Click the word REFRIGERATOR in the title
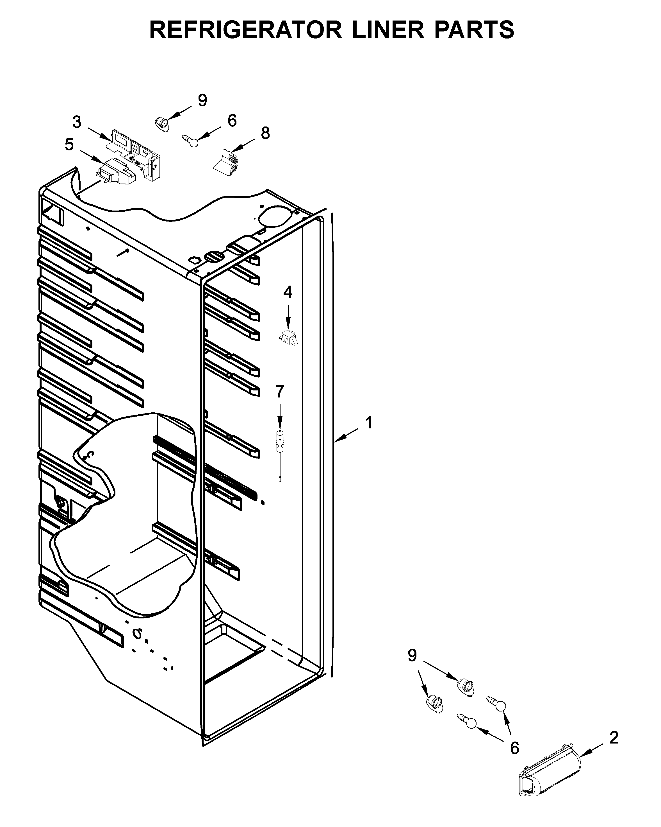coord(245,30)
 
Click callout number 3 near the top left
coord(77,122)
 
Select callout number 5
coord(69,144)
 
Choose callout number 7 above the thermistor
coord(280,392)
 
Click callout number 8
coord(265,133)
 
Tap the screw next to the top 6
coord(190,140)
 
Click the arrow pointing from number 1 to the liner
coord(347,436)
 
